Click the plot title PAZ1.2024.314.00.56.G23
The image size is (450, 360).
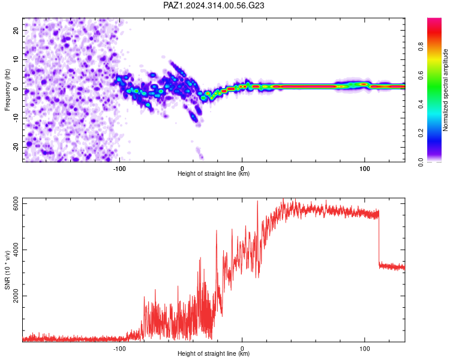(214, 5)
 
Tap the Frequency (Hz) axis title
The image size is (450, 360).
(7, 90)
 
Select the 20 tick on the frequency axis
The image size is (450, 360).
(16, 31)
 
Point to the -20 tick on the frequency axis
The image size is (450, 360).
(16, 148)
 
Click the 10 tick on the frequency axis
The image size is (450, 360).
(16, 59)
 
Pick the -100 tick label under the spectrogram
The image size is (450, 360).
(119, 169)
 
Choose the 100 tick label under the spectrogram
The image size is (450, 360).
(364, 169)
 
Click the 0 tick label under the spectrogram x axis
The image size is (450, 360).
(242, 169)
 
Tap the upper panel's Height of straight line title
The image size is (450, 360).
(214, 173)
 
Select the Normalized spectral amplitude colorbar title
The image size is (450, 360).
(445, 90)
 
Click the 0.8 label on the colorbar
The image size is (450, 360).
(421, 47)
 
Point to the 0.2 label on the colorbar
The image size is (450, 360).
(421, 133)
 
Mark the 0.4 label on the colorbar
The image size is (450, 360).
(421, 104)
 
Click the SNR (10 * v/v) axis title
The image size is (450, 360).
(7, 270)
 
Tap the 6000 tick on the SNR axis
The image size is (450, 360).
(16, 203)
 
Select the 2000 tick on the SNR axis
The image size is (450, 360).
(16, 296)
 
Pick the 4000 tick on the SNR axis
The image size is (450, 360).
(16, 250)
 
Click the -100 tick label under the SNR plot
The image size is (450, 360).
(119, 349)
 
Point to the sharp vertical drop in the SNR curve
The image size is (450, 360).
(379, 237)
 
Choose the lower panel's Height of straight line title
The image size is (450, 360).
(214, 353)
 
